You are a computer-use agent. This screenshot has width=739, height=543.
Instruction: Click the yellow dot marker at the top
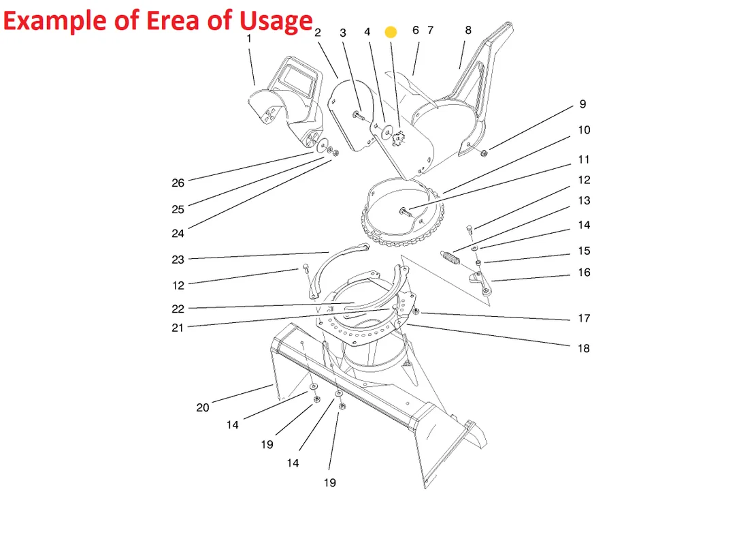391,32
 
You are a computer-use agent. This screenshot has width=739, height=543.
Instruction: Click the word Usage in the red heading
276,21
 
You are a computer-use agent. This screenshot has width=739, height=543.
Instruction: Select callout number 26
178,183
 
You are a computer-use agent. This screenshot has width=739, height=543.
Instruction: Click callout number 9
583,104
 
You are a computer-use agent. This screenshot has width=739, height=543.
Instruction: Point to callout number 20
203,407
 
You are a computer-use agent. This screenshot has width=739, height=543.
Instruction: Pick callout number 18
584,349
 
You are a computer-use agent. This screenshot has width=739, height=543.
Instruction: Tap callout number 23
178,260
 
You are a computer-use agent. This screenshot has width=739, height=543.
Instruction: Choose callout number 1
249,39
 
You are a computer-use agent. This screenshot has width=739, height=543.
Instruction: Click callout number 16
585,273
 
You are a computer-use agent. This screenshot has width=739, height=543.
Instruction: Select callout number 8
468,30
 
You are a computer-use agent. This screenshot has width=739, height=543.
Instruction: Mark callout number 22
178,309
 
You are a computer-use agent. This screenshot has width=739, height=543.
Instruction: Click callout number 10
585,130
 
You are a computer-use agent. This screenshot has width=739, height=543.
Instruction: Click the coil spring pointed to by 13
450,258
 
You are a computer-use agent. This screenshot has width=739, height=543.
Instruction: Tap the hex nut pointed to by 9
484,153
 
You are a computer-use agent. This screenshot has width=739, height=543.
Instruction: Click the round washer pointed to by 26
323,145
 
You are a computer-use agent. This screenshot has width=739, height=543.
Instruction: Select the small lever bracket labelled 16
480,282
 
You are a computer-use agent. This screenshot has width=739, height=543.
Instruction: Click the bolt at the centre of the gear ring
406,212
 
